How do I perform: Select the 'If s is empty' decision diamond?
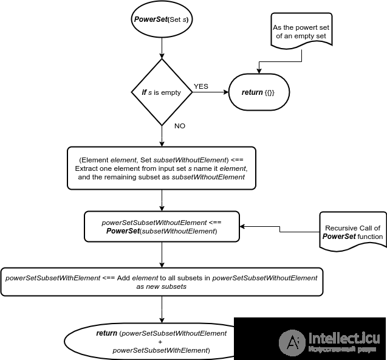pyautogui.click(x=162, y=92)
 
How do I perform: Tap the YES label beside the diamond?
pyautogui.click(x=201, y=86)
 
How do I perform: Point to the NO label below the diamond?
pyautogui.click(x=180, y=126)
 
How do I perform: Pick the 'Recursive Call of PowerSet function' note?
pyautogui.click(x=353, y=232)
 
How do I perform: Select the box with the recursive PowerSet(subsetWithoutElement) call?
pyautogui.click(x=162, y=227)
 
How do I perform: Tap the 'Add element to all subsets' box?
pyautogui.click(x=162, y=282)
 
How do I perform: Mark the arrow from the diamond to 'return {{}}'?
pyautogui.click(x=211, y=92)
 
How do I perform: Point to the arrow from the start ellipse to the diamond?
pyautogui.click(x=162, y=48)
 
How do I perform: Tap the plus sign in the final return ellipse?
pyautogui.click(x=160, y=342)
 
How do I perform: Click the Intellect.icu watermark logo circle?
pyautogui.click(x=292, y=343)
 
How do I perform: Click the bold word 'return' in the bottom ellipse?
pyautogui.click(x=107, y=333)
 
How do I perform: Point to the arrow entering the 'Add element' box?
pyautogui.click(x=162, y=255)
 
